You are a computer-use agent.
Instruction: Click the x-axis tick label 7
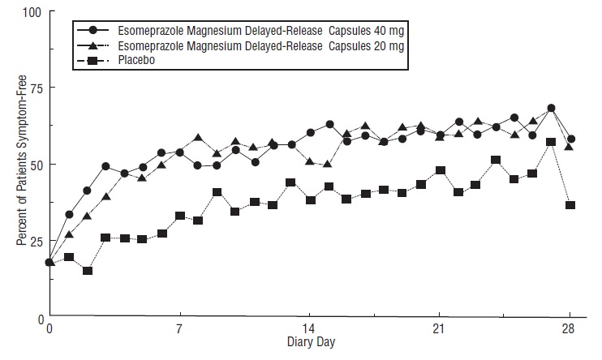tap(179, 330)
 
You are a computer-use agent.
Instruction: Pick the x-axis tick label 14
tap(309, 330)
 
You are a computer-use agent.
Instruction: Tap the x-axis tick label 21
tap(439, 330)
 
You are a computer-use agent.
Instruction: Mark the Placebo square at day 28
tap(570, 205)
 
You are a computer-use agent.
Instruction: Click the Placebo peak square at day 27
tap(551, 142)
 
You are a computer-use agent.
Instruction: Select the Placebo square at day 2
tap(88, 270)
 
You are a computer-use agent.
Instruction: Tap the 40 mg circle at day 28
tap(571, 139)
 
